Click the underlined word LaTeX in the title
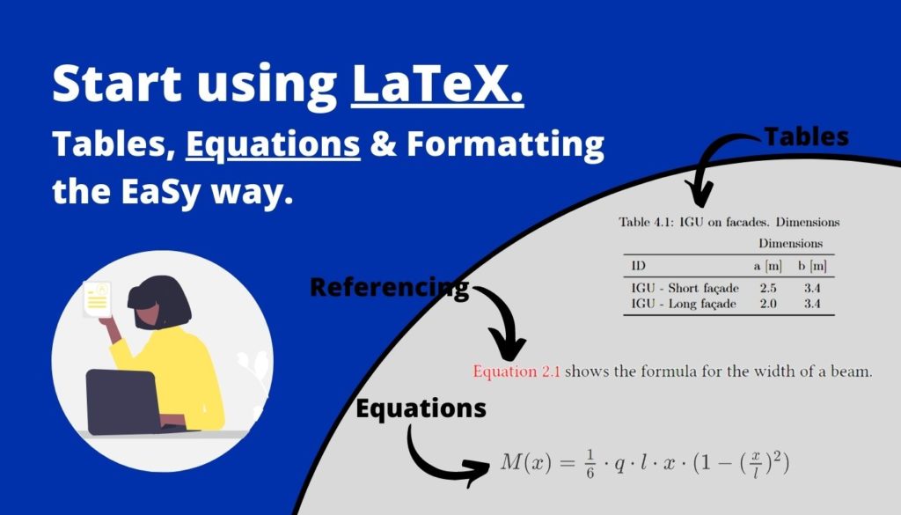(x=437, y=84)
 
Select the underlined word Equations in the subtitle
(x=273, y=144)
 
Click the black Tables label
(x=805, y=136)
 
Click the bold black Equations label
(x=421, y=408)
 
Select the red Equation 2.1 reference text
(x=516, y=372)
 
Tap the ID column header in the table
(x=639, y=265)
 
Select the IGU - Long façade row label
(x=684, y=305)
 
